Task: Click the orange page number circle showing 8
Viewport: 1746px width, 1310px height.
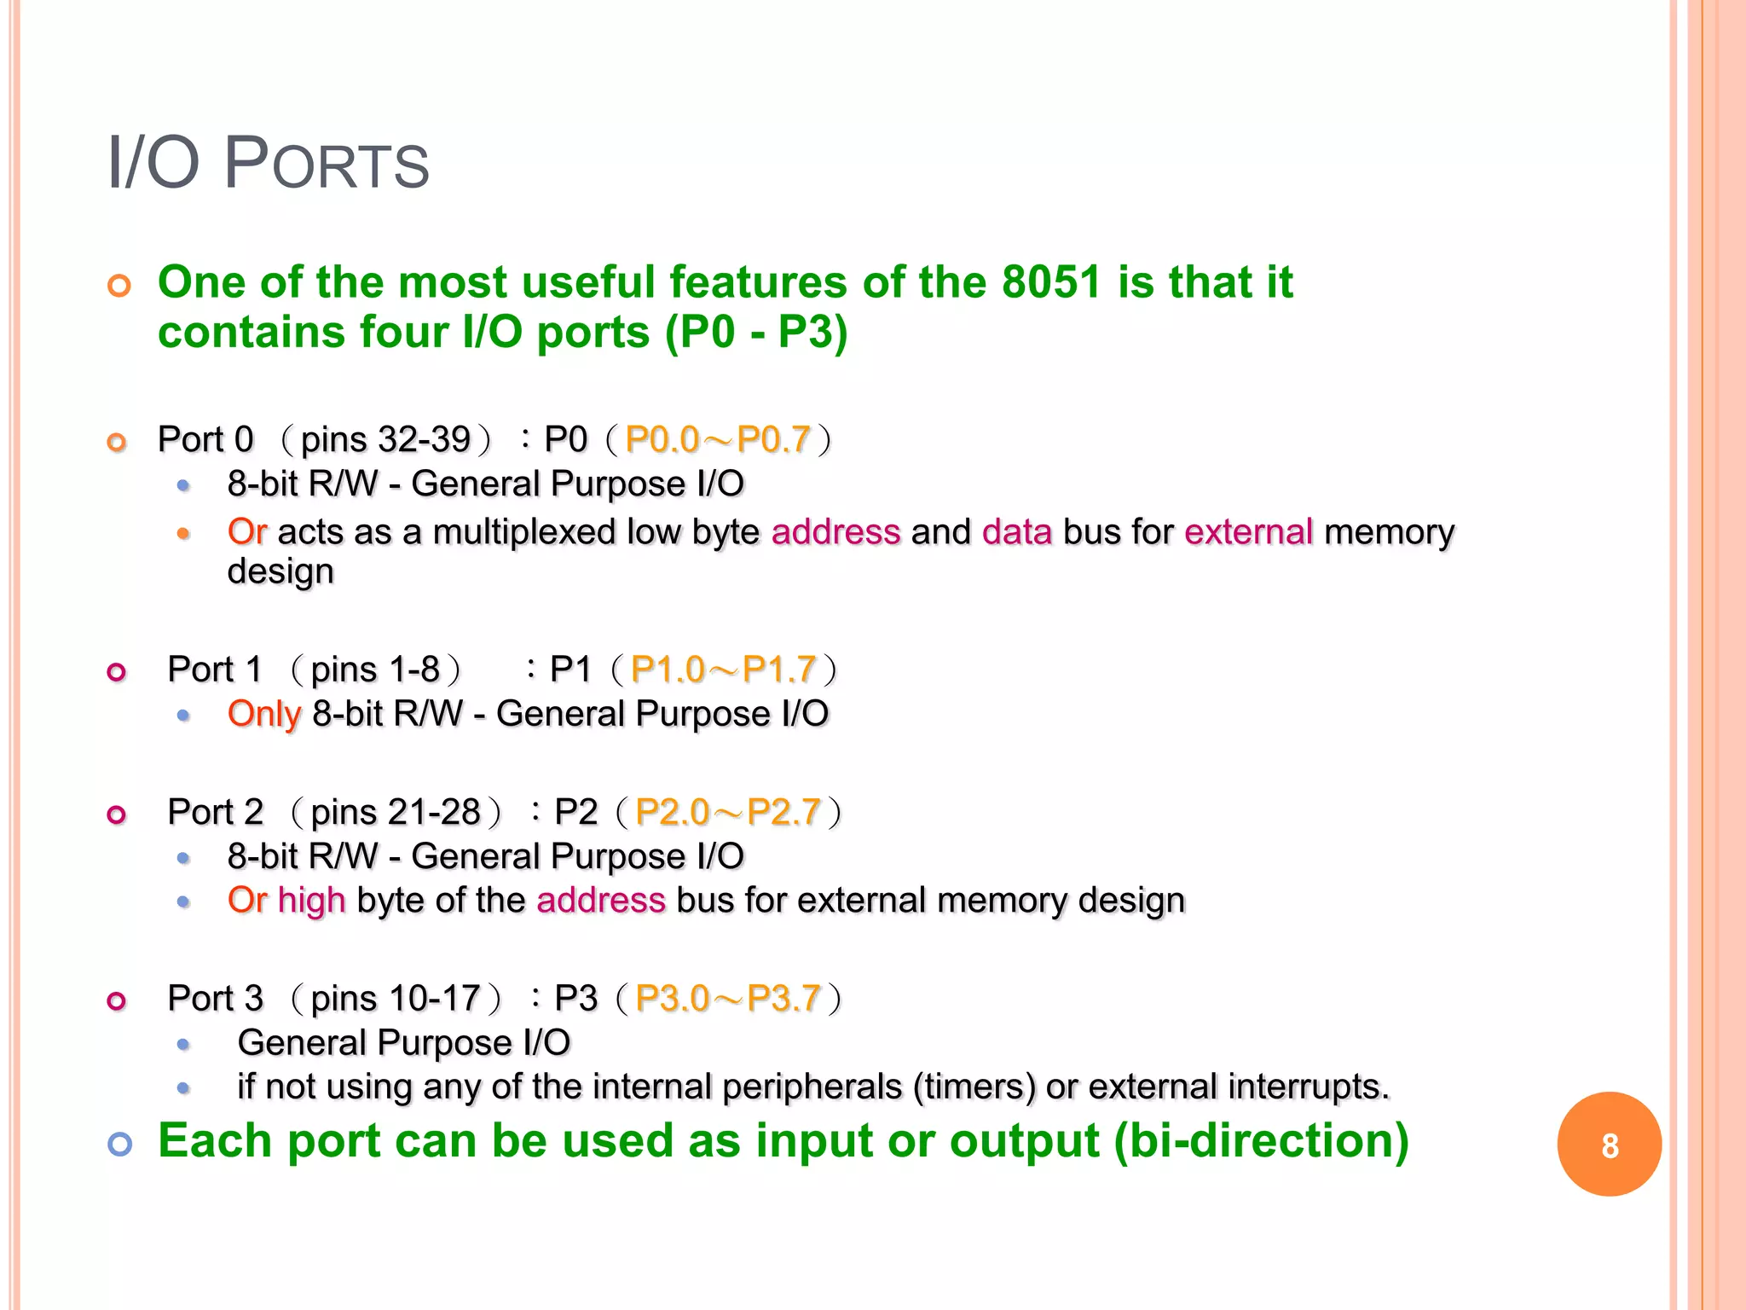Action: pos(1609,1145)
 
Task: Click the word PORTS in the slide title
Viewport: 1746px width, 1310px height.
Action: pos(327,164)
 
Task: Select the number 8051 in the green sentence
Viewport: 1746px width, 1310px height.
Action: pos(1052,282)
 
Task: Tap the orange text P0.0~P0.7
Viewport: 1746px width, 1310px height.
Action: pos(718,440)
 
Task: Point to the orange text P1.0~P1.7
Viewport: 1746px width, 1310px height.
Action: pos(724,670)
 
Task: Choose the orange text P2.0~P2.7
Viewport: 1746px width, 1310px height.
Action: pos(728,813)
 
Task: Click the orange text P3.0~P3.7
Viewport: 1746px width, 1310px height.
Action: pos(728,999)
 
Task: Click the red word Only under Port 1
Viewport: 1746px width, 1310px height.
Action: pos(264,715)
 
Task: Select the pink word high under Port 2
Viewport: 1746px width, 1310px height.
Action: pos(311,901)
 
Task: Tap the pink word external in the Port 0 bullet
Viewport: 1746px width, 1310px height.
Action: pos(1248,532)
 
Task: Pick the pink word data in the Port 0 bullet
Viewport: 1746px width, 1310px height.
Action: pos(1017,532)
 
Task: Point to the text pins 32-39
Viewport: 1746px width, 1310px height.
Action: pos(385,440)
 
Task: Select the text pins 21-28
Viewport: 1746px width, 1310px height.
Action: pos(396,813)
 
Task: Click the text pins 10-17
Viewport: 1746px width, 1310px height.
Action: pos(396,999)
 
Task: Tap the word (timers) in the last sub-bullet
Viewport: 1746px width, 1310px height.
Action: pos(974,1087)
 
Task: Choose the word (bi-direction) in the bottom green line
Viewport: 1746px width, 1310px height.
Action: pos(1261,1141)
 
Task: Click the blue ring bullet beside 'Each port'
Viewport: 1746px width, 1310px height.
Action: pos(119,1144)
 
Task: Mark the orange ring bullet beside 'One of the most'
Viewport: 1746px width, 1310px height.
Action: pos(119,286)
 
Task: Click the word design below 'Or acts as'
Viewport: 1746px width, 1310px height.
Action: pos(280,571)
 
